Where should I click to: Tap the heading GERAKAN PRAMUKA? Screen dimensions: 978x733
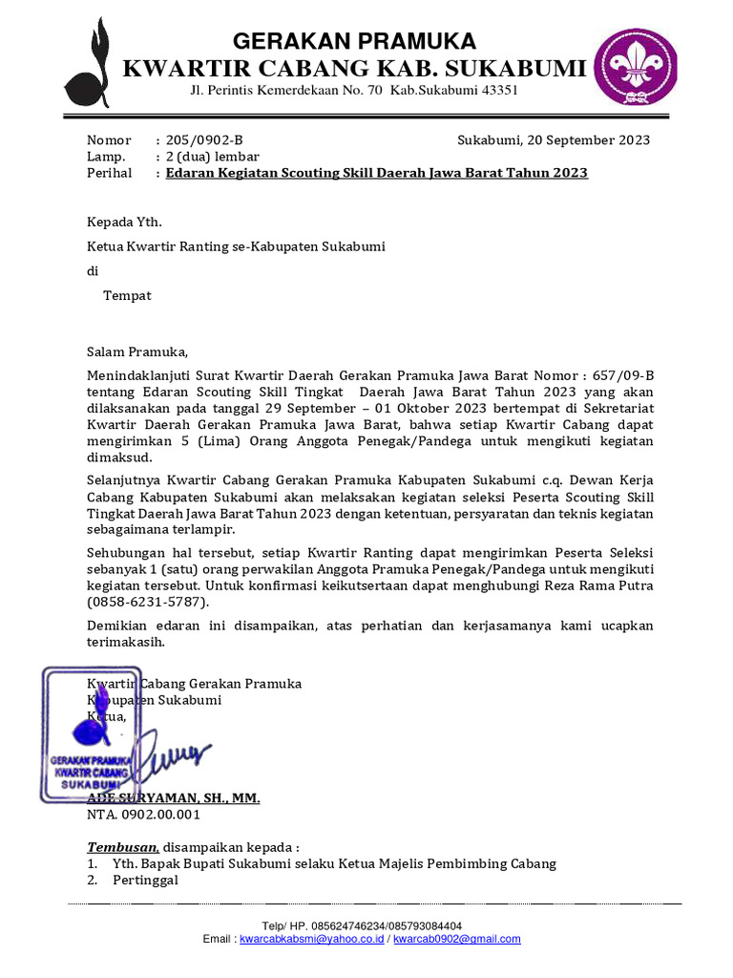(355, 41)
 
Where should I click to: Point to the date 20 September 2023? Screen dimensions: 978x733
(585, 140)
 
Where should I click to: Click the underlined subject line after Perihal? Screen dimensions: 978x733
(376, 173)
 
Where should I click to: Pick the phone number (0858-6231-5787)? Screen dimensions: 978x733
(147, 604)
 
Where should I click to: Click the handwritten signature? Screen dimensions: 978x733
(178, 755)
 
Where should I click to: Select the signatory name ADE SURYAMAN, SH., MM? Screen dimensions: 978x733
(174, 798)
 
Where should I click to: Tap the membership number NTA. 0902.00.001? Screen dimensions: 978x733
(144, 815)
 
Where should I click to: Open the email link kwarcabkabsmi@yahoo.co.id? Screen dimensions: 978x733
(312, 939)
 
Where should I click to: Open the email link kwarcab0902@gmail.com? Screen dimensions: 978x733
(457, 939)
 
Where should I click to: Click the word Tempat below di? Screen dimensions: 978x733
(127, 295)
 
